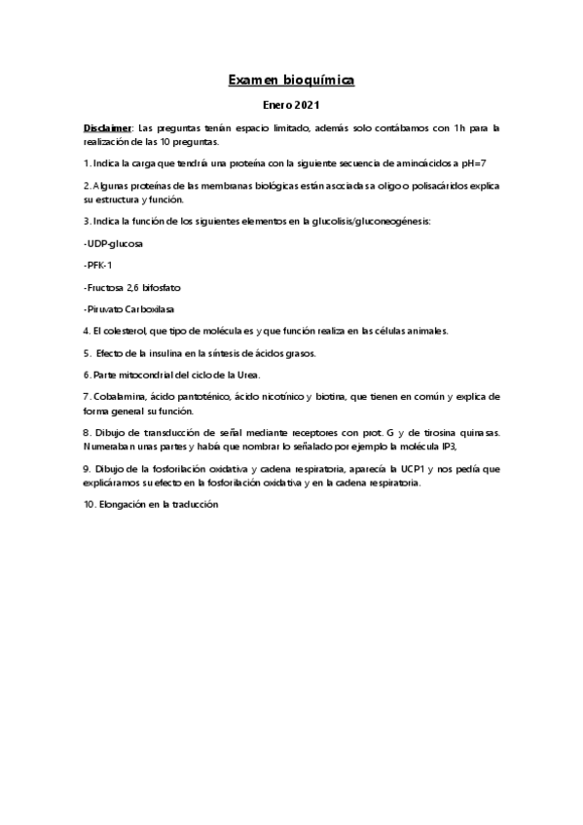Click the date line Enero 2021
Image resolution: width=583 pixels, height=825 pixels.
(291, 103)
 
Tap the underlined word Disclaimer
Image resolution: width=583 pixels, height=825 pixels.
(107, 127)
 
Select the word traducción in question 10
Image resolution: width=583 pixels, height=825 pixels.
(194, 505)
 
